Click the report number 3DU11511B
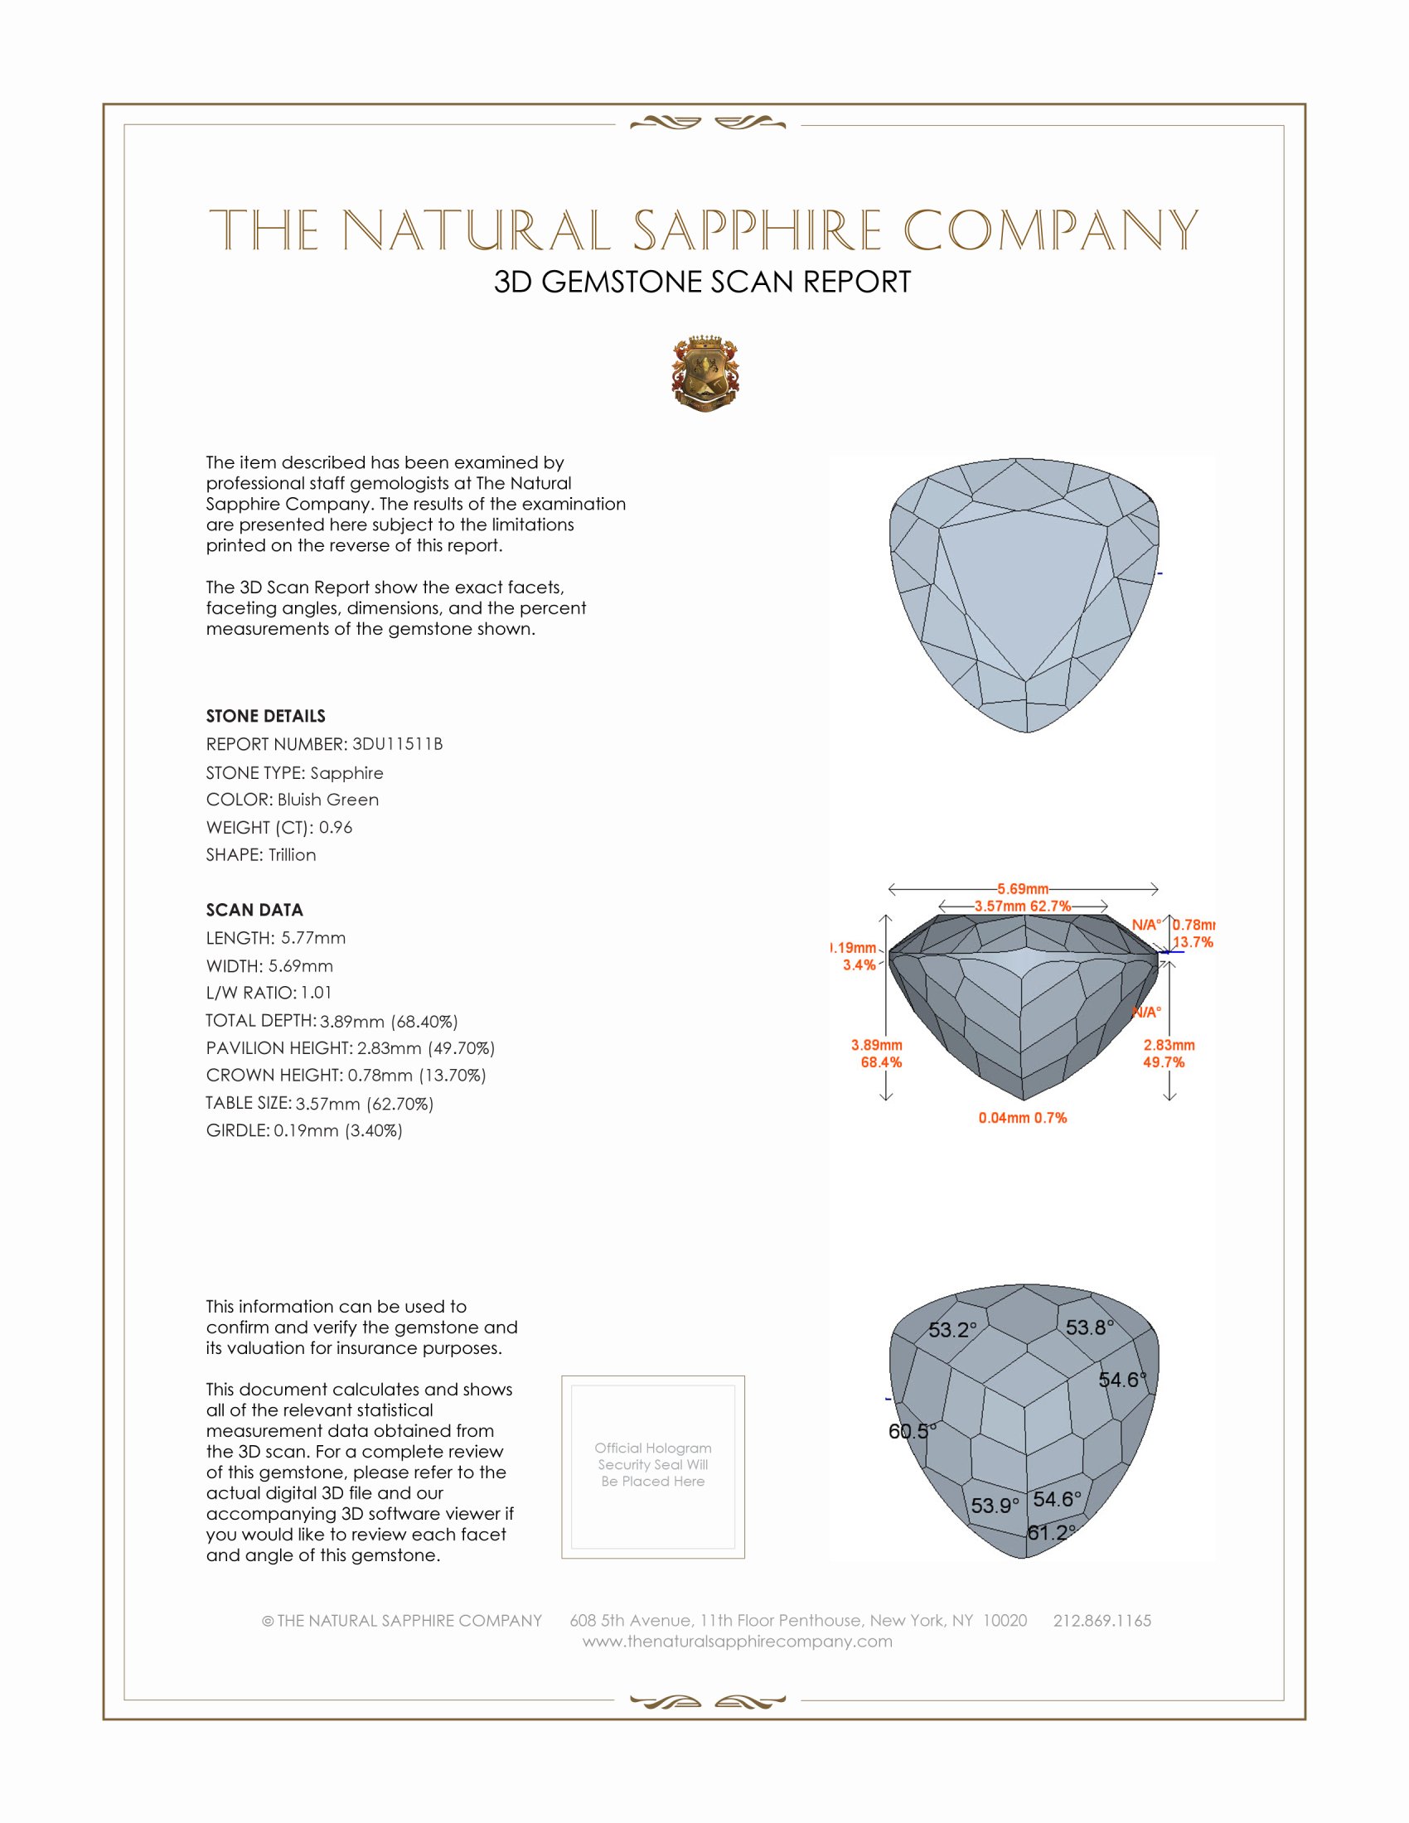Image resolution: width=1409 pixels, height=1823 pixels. tap(397, 744)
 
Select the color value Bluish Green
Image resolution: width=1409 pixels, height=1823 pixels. tap(328, 800)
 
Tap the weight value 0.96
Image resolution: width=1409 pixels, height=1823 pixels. tap(336, 827)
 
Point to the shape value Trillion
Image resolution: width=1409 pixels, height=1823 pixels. tap(292, 855)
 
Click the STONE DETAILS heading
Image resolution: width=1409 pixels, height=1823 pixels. tap(265, 716)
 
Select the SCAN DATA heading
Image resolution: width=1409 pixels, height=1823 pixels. tap(254, 910)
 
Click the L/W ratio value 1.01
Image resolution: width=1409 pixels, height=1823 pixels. tap(317, 993)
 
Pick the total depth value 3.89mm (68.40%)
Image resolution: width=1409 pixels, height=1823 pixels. tap(388, 1021)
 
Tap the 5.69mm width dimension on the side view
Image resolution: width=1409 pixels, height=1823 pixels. tap(1023, 888)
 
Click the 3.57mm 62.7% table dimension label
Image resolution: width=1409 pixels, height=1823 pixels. tap(1023, 906)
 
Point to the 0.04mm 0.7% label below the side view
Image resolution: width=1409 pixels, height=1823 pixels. tap(1023, 1118)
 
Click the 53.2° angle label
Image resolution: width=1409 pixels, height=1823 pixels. tap(952, 1330)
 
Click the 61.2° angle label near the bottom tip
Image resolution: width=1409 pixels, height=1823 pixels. tap(1051, 1532)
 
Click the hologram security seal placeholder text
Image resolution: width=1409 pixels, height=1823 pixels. tap(653, 1464)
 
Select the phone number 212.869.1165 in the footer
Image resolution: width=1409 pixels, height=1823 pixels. tap(1102, 1620)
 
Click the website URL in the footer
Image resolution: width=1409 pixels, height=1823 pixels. tap(737, 1641)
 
